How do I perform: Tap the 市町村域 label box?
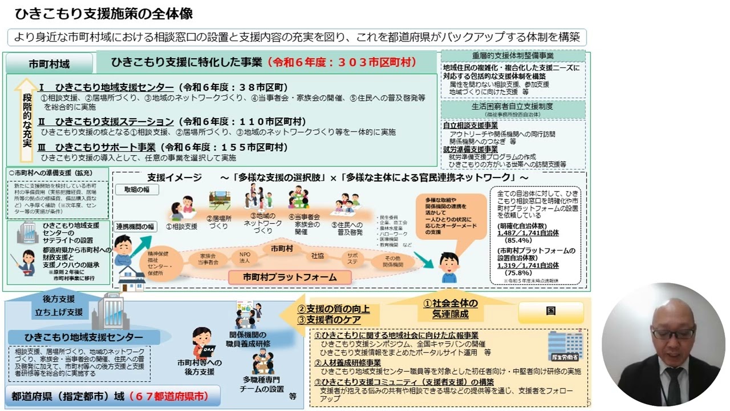(x=50, y=65)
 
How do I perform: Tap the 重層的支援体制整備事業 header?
(x=513, y=56)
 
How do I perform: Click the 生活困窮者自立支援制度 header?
(x=513, y=106)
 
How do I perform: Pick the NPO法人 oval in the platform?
(x=245, y=257)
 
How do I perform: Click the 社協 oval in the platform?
(x=318, y=256)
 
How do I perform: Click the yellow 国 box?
(x=550, y=312)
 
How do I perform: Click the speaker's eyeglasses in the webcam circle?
(x=673, y=333)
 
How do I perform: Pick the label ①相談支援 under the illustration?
(x=181, y=227)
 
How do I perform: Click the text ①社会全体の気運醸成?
(x=450, y=309)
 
